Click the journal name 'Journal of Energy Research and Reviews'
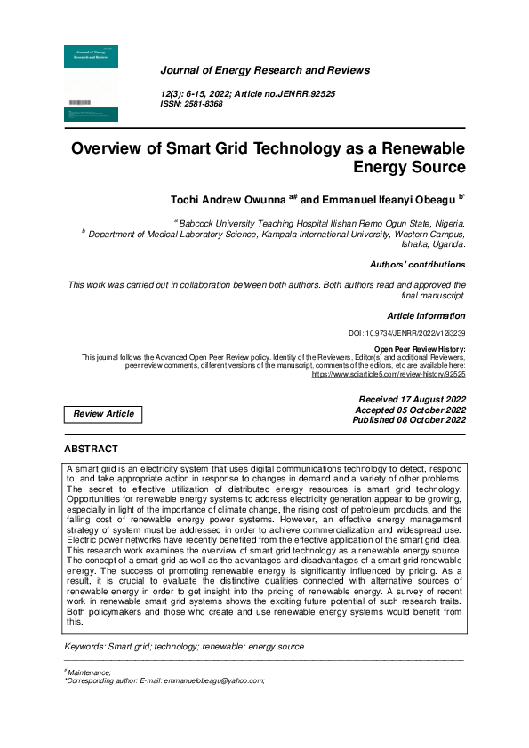[x=265, y=70]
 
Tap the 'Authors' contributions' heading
[x=417, y=265]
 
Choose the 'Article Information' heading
[x=426, y=316]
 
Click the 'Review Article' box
[x=104, y=414]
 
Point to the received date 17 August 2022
[x=412, y=400]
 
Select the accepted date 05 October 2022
[x=410, y=410]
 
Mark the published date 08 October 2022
[x=409, y=420]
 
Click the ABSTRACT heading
[x=91, y=450]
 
